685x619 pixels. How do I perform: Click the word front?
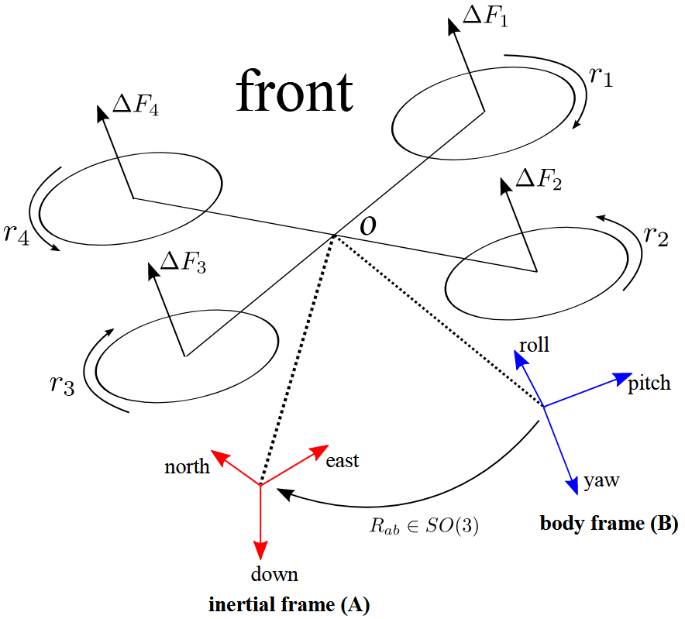pyautogui.click(x=294, y=91)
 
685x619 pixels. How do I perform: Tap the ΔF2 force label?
pyautogui.click(x=539, y=181)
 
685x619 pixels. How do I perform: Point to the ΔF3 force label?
pyautogui.click(x=183, y=263)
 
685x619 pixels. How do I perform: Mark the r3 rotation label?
pyautogui.click(x=60, y=385)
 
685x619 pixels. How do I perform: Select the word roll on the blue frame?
pyautogui.click(x=534, y=344)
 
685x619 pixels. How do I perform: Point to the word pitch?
pyautogui.click(x=649, y=383)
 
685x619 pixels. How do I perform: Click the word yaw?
pyautogui.click(x=601, y=481)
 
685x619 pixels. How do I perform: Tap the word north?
pyautogui.click(x=187, y=467)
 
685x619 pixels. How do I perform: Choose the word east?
pyautogui.click(x=342, y=461)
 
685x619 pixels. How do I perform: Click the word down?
pyautogui.click(x=274, y=574)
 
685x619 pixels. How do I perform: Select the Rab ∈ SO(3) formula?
pyautogui.click(x=423, y=526)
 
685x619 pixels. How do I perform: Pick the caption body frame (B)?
pyautogui.click(x=608, y=524)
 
